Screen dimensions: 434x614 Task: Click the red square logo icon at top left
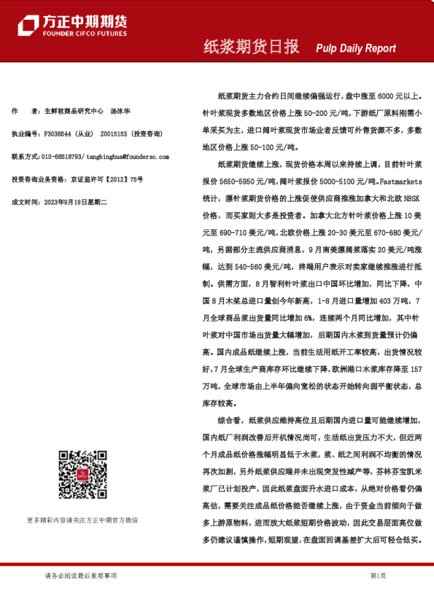[28, 24]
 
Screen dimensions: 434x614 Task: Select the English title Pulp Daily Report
[356, 48]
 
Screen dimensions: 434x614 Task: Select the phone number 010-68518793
[62, 156]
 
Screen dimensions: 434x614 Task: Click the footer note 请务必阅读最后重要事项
[80, 575]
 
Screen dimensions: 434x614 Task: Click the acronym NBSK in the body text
[408, 200]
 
